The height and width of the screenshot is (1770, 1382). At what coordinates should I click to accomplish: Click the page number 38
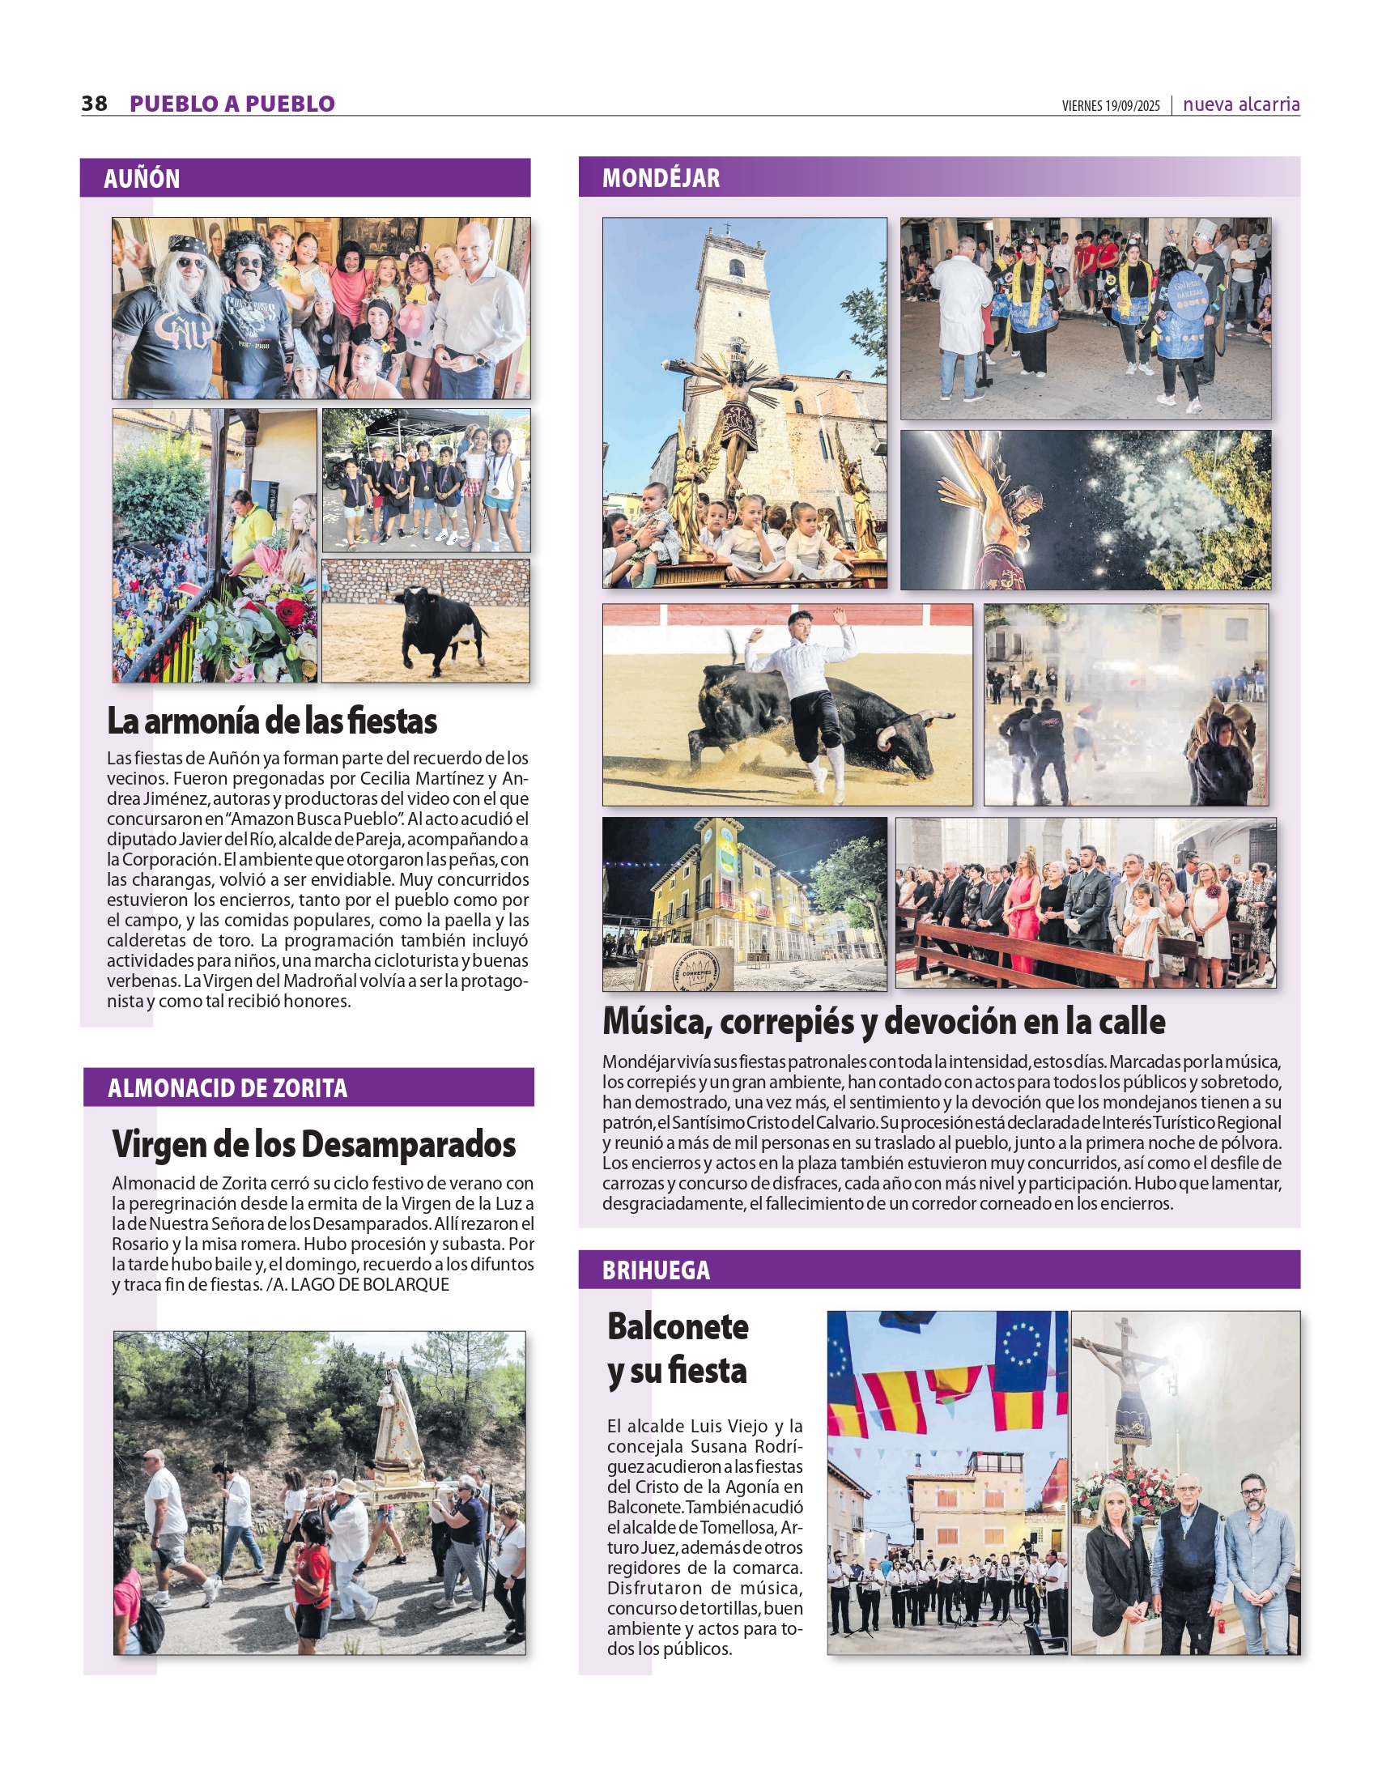(x=94, y=104)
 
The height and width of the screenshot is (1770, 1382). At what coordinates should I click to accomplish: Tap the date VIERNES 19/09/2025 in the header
(x=1111, y=106)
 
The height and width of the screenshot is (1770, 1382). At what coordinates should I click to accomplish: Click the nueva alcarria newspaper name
(x=1241, y=104)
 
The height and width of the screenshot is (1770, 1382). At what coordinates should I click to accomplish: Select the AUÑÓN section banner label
(x=142, y=178)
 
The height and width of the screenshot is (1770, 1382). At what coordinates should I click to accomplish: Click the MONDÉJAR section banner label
(x=661, y=177)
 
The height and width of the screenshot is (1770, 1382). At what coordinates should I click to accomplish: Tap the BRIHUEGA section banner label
(x=656, y=1270)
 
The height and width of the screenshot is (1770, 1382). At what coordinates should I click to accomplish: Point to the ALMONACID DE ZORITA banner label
(x=227, y=1087)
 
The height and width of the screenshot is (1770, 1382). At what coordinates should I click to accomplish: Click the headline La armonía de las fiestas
(x=272, y=721)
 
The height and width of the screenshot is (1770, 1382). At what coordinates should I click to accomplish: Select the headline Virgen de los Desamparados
(x=313, y=1144)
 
